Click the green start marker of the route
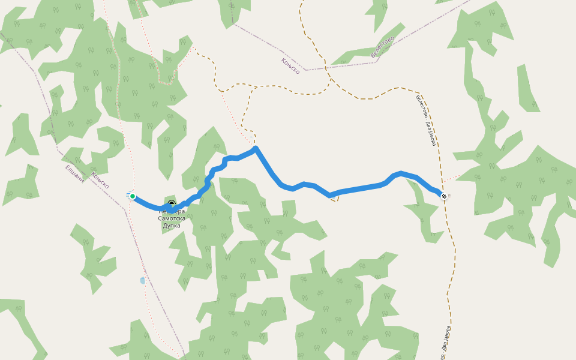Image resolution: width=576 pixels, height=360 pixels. [x=133, y=196]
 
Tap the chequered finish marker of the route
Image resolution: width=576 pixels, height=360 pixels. [x=444, y=196]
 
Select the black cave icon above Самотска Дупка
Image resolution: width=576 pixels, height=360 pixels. [x=172, y=204]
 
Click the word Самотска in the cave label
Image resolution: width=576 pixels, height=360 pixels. [x=172, y=218]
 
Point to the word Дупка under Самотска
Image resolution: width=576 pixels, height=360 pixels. [x=172, y=226]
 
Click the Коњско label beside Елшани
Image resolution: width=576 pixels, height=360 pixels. [x=100, y=180]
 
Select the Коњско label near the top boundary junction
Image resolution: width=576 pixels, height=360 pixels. [x=290, y=66]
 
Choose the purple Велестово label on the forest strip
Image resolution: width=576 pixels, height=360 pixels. [x=382, y=47]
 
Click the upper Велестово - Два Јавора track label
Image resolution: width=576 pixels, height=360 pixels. [x=425, y=120]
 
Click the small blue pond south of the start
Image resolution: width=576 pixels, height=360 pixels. [x=142, y=280]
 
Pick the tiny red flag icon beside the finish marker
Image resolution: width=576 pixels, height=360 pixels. [x=449, y=196]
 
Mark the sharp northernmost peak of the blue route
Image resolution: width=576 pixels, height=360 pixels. [x=256, y=148]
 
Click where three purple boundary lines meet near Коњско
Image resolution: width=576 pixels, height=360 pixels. [x=305, y=70]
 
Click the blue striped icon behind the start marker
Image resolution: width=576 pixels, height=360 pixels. [x=128, y=194]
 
